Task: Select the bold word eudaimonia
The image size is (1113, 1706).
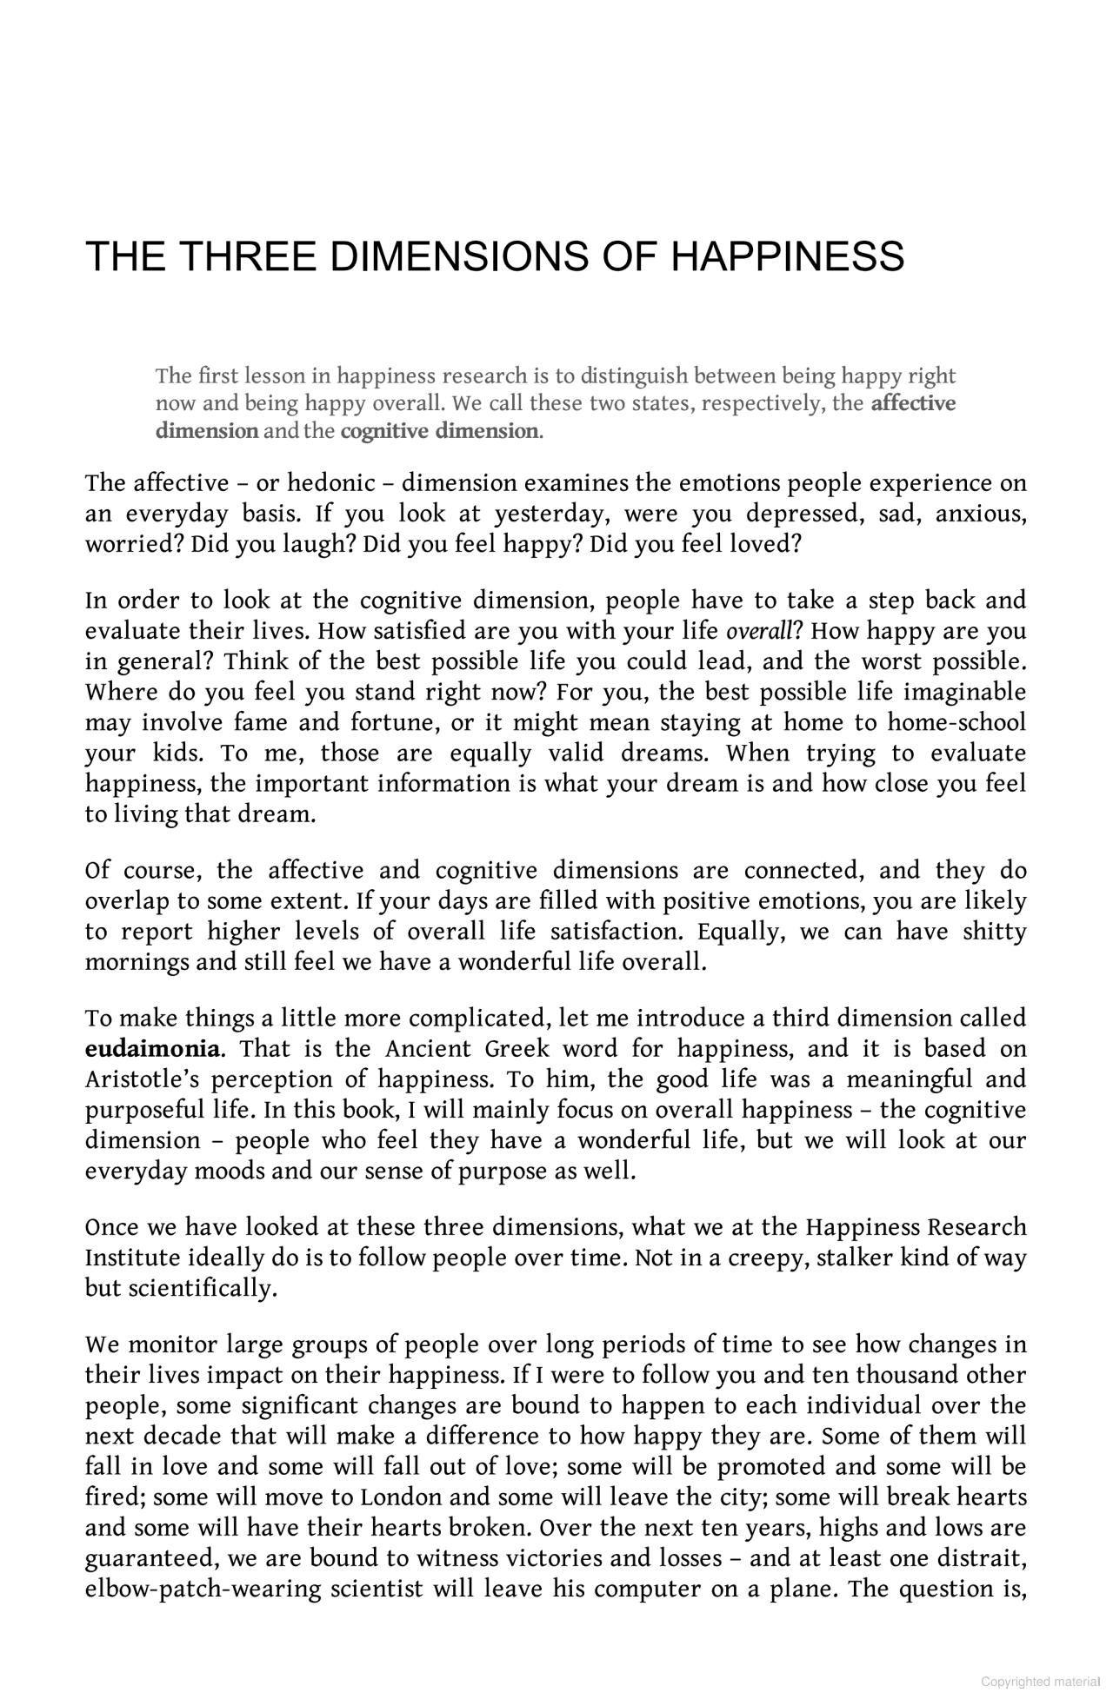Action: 152,1049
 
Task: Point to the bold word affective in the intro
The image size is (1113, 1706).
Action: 913,403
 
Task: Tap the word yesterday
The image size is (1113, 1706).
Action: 549,514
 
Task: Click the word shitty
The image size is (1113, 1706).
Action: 994,932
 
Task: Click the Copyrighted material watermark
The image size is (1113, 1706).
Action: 1040,1682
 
